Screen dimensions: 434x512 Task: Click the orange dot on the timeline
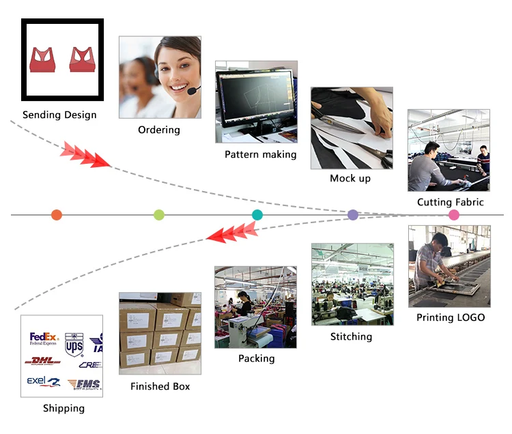click(x=56, y=215)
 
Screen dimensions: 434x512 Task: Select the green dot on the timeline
click(x=159, y=215)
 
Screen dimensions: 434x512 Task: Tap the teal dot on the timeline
click(x=257, y=215)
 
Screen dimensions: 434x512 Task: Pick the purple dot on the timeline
click(x=353, y=215)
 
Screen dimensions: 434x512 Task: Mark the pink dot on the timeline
click(x=454, y=215)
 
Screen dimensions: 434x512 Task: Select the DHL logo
click(x=42, y=361)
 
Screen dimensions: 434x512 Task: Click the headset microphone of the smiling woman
click(x=193, y=90)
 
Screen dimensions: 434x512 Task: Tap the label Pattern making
click(x=261, y=154)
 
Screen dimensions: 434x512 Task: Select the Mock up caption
click(x=350, y=178)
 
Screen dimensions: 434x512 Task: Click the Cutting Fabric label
click(x=450, y=202)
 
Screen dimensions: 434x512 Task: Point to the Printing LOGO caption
click(x=451, y=317)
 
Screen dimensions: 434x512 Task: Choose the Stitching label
click(x=351, y=336)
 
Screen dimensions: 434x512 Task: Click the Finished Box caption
click(x=160, y=386)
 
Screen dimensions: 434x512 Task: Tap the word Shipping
click(x=63, y=408)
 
